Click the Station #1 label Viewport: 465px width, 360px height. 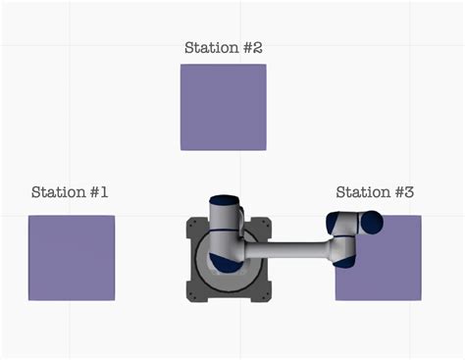(70, 192)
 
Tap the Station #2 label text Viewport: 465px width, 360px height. (224, 47)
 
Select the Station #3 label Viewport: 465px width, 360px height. (375, 192)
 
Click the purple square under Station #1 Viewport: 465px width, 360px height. (72, 258)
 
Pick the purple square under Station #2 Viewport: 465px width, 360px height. (224, 107)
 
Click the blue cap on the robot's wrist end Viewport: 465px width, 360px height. (373, 224)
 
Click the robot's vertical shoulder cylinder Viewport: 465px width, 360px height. (225, 231)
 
